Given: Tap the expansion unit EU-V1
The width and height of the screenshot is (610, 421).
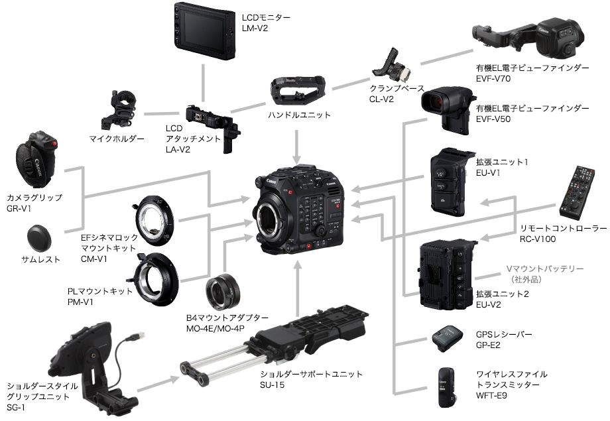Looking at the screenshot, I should [x=450, y=179].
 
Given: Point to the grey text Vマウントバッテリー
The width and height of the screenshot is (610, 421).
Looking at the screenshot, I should [x=544, y=269].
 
